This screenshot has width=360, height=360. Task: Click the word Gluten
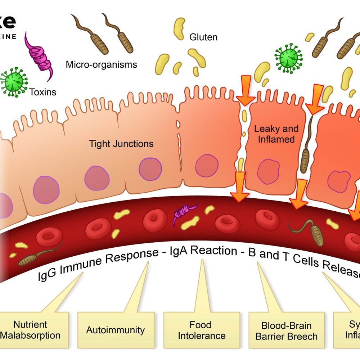(203, 37)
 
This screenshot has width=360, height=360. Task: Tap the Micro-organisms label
(101, 65)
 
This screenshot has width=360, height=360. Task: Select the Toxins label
(43, 92)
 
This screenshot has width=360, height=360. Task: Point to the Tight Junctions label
(121, 144)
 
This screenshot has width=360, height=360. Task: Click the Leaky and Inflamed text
(276, 134)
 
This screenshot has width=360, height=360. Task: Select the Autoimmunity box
(116, 330)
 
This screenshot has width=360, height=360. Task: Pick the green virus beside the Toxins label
(13, 82)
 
